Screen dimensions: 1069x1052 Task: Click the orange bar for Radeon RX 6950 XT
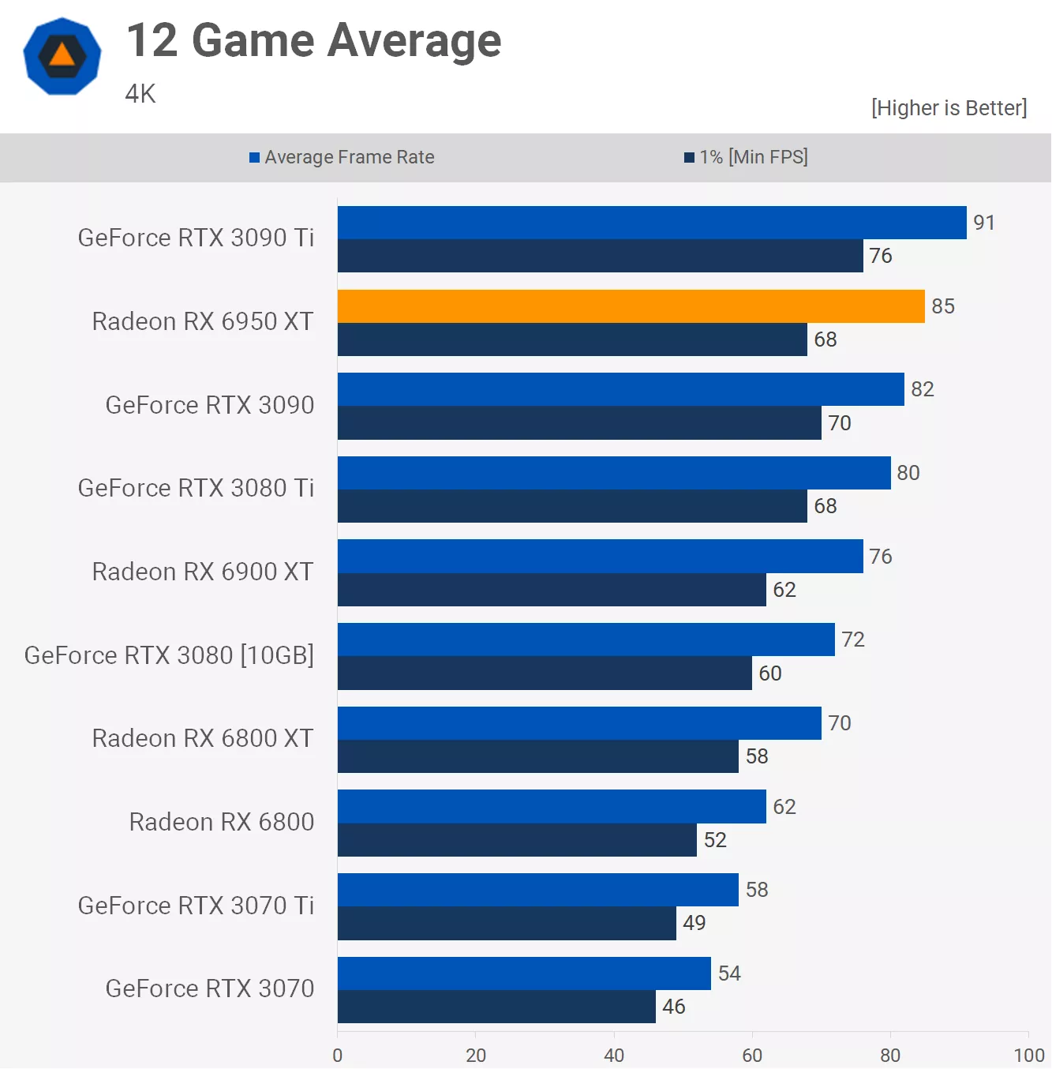click(x=631, y=306)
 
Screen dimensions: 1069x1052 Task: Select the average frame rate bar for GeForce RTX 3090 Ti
click(x=651, y=223)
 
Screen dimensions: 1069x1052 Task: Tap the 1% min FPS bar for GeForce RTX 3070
click(x=496, y=1007)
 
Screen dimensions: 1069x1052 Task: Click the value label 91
click(x=983, y=223)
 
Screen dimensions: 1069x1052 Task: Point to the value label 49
click(x=694, y=923)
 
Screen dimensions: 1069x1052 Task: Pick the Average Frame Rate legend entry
click(x=342, y=157)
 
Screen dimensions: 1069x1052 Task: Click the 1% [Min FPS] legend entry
click(x=746, y=157)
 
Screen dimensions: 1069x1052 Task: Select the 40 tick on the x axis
click(x=614, y=1055)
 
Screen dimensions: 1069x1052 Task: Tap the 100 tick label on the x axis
click(x=1028, y=1055)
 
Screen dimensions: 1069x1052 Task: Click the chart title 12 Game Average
click(x=313, y=41)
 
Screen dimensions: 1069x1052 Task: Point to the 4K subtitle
click(x=140, y=94)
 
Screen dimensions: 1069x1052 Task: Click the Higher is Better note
click(x=949, y=108)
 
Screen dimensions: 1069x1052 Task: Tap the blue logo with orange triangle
click(x=62, y=56)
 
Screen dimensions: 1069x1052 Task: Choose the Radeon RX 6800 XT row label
click(x=203, y=738)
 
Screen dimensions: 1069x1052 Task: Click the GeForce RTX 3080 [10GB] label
click(x=169, y=655)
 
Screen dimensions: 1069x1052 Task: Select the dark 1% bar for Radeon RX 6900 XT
click(x=552, y=590)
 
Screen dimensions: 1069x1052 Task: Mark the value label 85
click(x=942, y=306)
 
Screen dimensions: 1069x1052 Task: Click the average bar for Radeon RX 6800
click(x=552, y=807)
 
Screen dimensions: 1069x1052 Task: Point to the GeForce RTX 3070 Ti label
click(x=196, y=906)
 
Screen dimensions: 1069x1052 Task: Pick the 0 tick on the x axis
click(x=338, y=1055)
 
